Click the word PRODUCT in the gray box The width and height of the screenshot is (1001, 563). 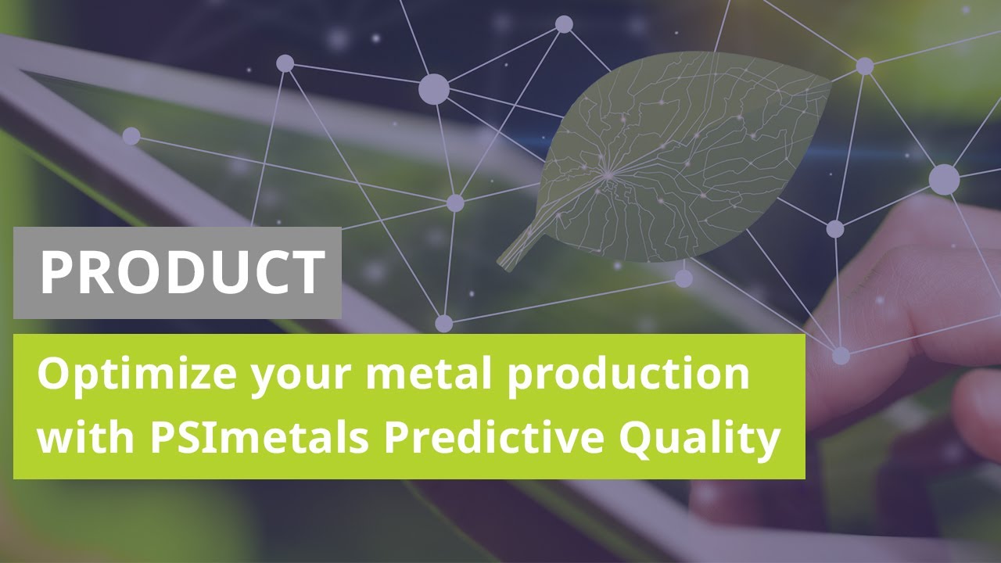(x=182, y=272)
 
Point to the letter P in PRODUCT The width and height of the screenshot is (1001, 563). (x=59, y=272)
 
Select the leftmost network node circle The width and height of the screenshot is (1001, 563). (x=131, y=136)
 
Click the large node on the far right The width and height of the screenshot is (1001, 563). (x=944, y=180)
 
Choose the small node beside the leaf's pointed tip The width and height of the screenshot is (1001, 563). (x=864, y=66)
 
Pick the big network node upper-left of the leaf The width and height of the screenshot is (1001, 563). (x=433, y=90)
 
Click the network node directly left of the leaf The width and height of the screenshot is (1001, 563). (x=455, y=203)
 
